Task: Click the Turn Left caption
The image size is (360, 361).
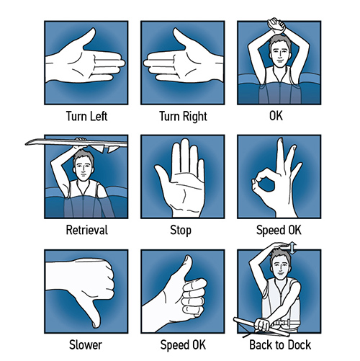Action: pos(86,116)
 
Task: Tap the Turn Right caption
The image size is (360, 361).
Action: pos(183,117)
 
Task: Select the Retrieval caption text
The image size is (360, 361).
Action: pos(87,230)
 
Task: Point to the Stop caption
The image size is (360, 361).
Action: pos(181,231)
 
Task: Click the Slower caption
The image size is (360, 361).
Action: pos(86,345)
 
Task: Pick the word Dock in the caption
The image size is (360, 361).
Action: pos(299,345)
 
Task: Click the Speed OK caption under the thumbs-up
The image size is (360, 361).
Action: pos(183,345)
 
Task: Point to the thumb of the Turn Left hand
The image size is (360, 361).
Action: pos(89,37)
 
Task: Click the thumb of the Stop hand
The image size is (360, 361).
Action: pos(163,177)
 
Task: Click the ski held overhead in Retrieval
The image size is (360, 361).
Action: pos(76,144)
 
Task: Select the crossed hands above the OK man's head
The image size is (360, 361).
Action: pos(276,24)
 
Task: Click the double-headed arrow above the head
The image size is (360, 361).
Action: pos(292,248)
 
